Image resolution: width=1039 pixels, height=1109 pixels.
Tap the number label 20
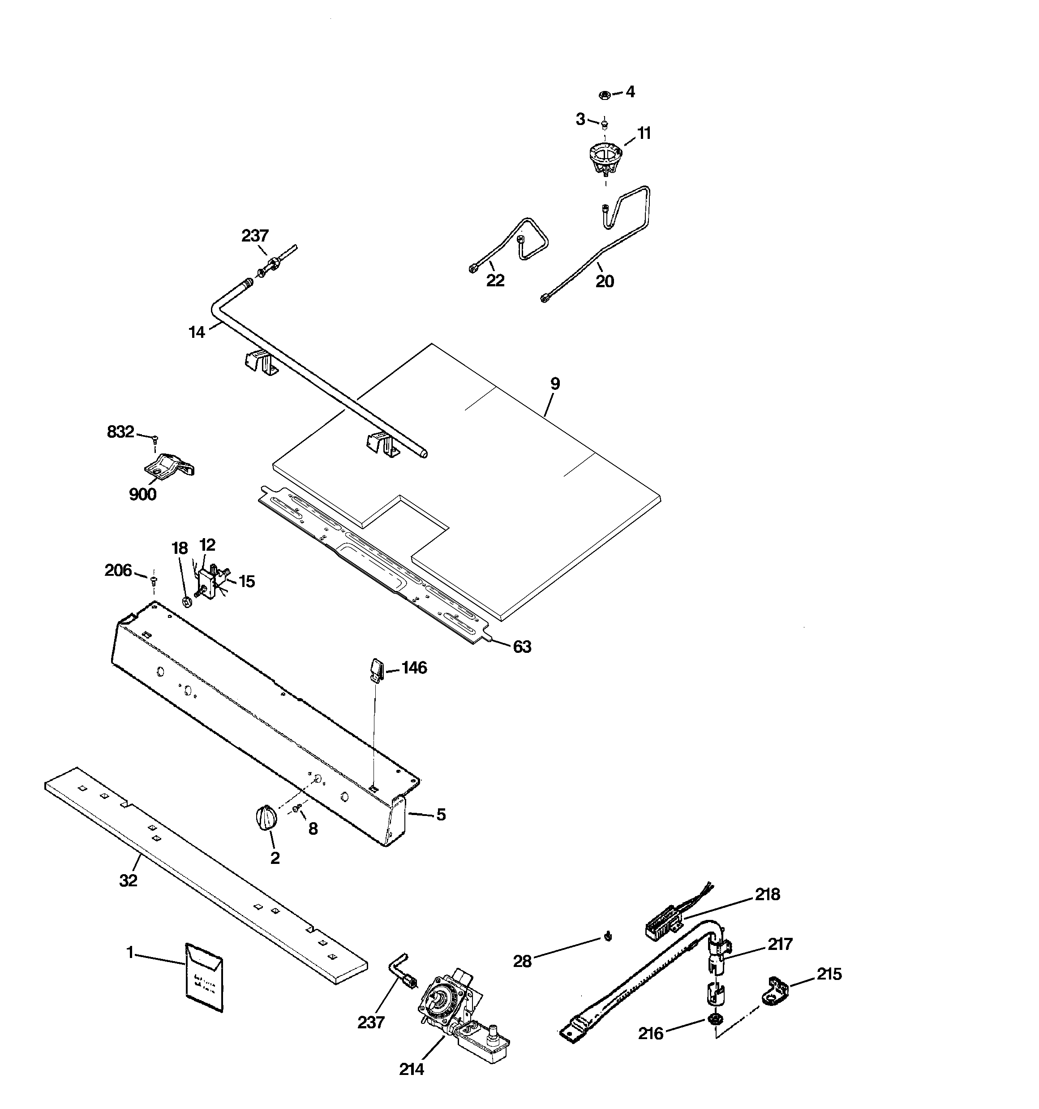605,281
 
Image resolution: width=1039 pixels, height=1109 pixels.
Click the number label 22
495,280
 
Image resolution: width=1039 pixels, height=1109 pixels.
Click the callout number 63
522,647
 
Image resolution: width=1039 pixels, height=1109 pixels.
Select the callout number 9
554,384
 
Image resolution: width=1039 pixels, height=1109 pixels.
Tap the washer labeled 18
187,601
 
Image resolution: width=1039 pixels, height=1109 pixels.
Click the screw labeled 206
154,580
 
